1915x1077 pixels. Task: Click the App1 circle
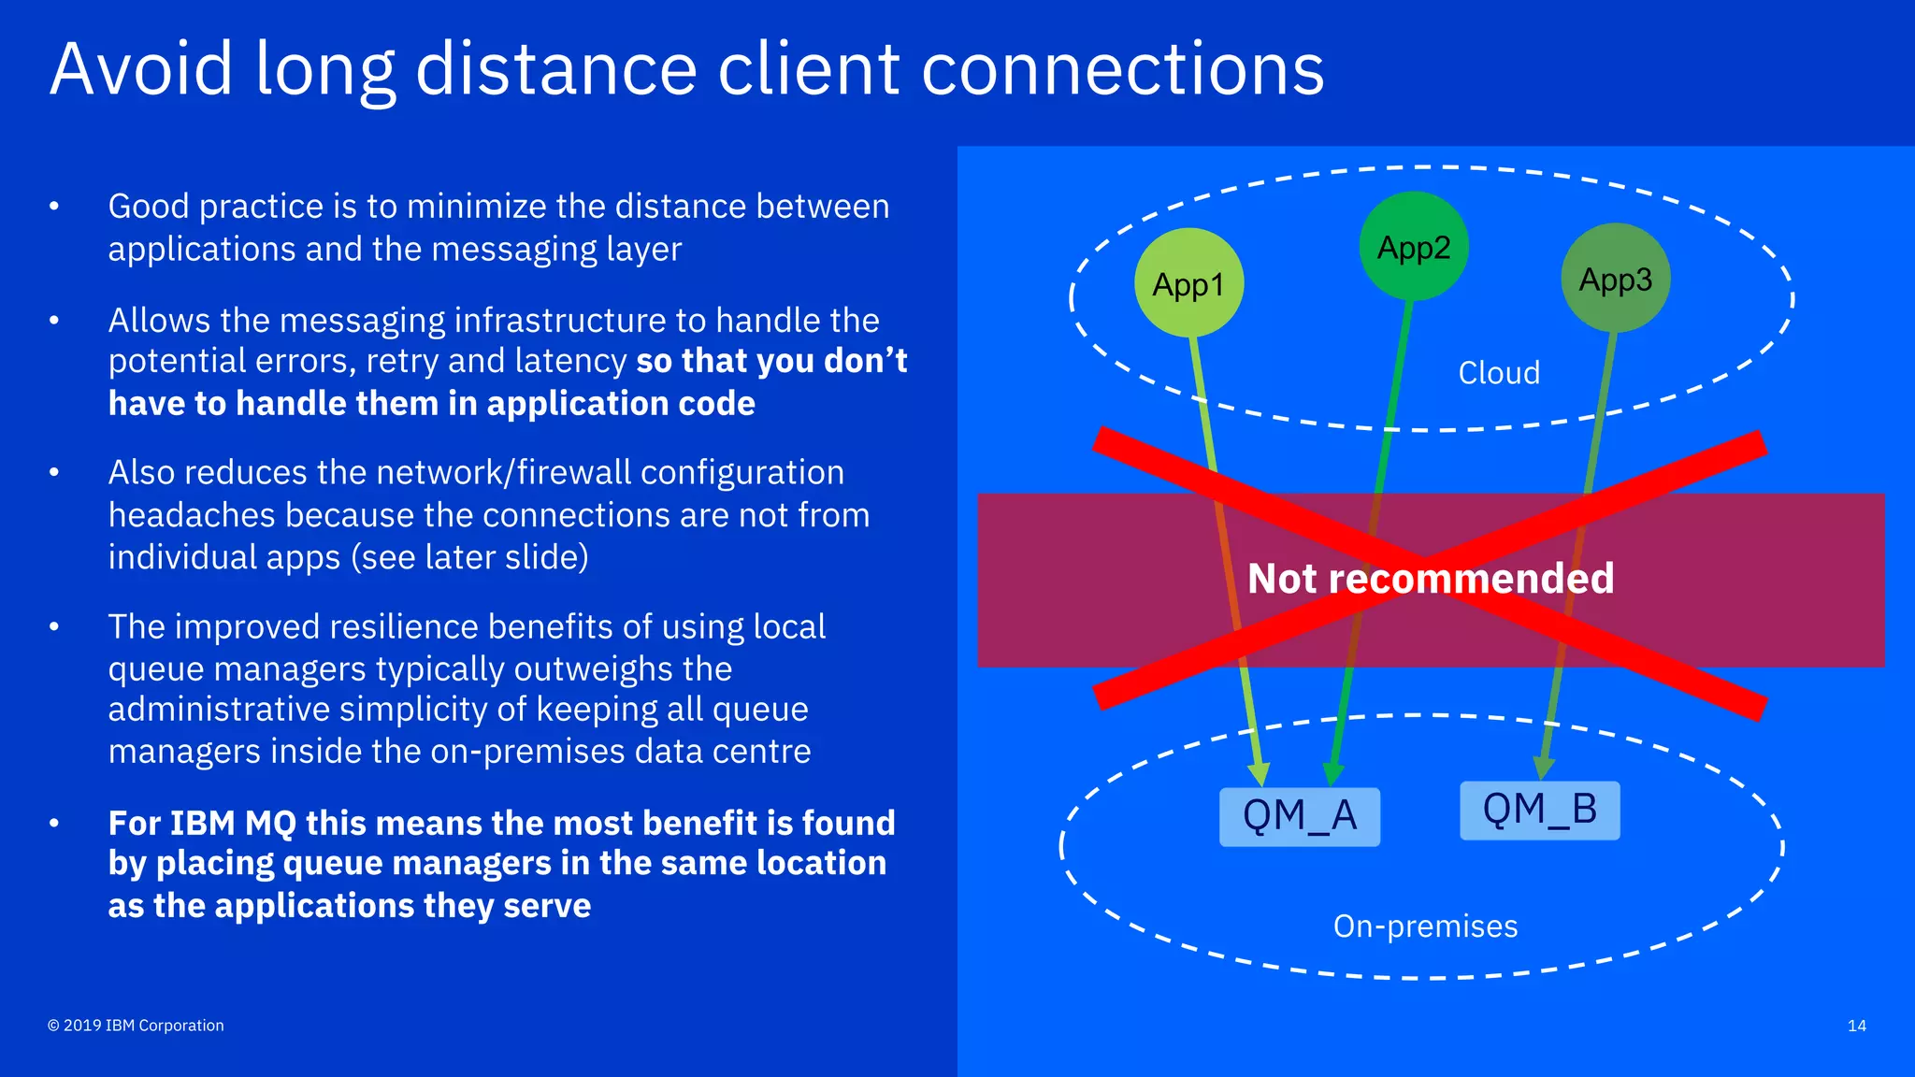pyautogui.click(x=1188, y=282)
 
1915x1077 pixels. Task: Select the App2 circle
pyautogui.click(x=1413, y=247)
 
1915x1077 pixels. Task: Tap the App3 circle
pyautogui.click(x=1615, y=279)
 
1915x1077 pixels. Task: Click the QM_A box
pyautogui.click(x=1299, y=816)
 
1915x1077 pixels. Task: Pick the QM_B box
pyautogui.click(x=1539, y=810)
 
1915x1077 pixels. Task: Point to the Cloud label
pyautogui.click(x=1498, y=373)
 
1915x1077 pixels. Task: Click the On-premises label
pyautogui.click(x=1424, y=926)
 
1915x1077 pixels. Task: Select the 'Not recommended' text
pyautogui.click(x=1430, y=578)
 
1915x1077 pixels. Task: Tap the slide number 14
pyautogui.click(x=1856, y=1026)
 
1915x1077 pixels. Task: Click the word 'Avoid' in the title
pyautogui.click(x=141, y=69)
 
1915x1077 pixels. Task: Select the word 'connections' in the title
pyautogui.click(x=1122, y=69)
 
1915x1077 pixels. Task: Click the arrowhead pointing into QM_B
pyautogui.click(x=1544, y=768)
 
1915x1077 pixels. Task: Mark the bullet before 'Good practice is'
pyautogui.click(x=54, y=206)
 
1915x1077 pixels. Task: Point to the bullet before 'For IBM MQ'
pyautogui.click(x=54, y=823)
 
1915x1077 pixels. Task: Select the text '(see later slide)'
pyautogui.click(x=469, y=557)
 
